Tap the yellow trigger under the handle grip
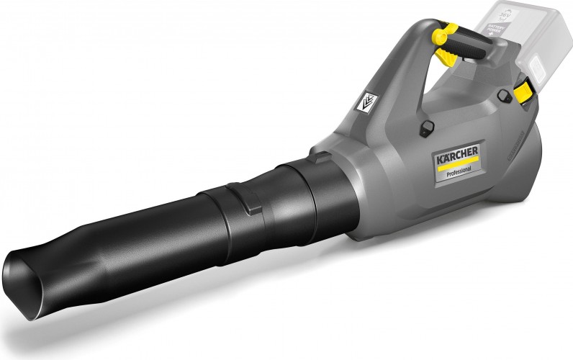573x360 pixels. click(x=438, y=34)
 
